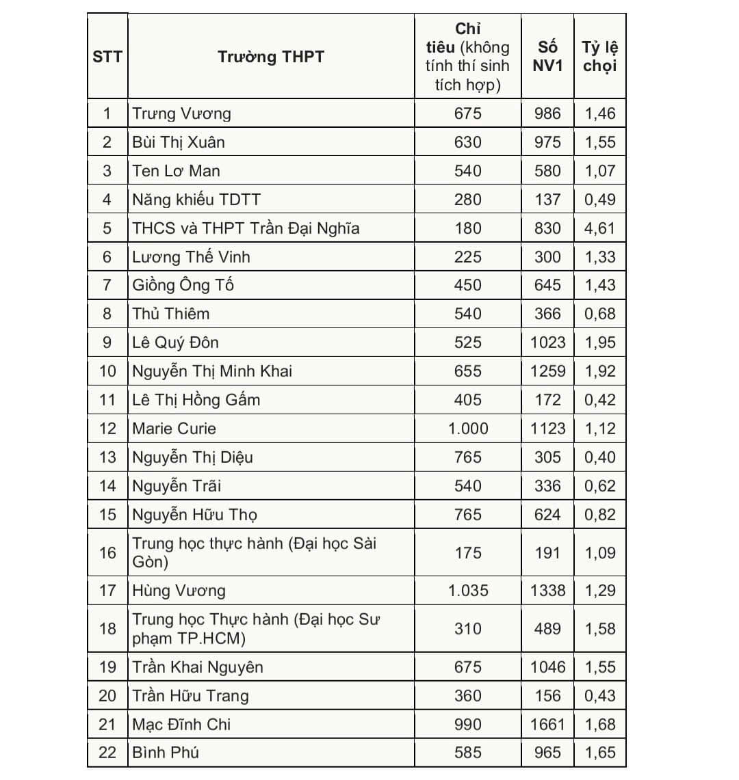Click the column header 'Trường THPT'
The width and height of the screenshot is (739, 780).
coord(271,57)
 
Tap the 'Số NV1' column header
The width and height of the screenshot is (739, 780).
coord(547,57)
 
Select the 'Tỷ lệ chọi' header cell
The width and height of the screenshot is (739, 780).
coord(600,57)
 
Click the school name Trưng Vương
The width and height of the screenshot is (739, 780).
coord(182,113)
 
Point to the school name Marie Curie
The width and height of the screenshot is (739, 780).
coord(174,429)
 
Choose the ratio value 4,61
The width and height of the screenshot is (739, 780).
coord(600,228)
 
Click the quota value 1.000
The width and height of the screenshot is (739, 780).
coord(468,429)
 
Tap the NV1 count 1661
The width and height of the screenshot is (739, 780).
coord(547,724)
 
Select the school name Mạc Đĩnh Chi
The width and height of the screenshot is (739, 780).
coord(182,724)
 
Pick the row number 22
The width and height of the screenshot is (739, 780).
coord(107,753)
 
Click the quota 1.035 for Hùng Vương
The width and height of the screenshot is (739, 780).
coord(468,591)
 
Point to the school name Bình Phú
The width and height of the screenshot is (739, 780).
coord(166,753)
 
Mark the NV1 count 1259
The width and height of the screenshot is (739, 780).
coord(547,371)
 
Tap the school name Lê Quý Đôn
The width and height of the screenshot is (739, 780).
coord(176,342)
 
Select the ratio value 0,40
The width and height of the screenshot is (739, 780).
coord(600,457)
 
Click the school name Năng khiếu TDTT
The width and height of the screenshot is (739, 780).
coord(197,200)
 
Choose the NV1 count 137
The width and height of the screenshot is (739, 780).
coord(547,200)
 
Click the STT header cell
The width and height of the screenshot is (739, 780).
coord(107,57)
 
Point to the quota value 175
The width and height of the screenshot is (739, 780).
coord(468,552)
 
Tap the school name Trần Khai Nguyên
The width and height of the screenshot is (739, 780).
coord(198,667)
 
